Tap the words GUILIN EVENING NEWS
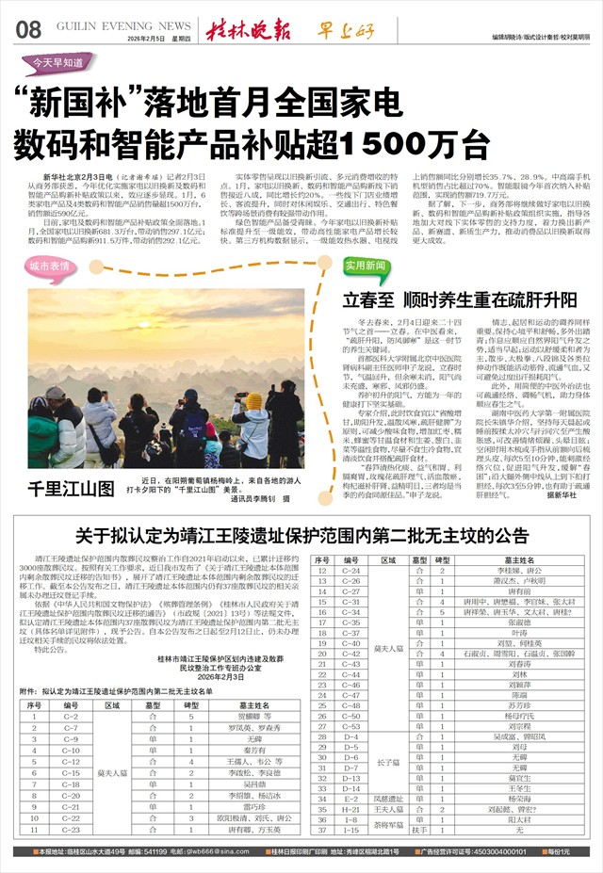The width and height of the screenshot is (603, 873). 117,26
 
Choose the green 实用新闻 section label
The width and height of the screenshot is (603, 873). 366,267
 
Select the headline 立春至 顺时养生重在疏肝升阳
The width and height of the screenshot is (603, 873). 446,299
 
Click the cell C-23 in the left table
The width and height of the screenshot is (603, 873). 71,830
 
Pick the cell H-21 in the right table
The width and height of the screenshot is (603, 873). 350,809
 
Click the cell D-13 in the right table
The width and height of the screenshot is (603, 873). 350,778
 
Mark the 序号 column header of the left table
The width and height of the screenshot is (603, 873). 35,704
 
